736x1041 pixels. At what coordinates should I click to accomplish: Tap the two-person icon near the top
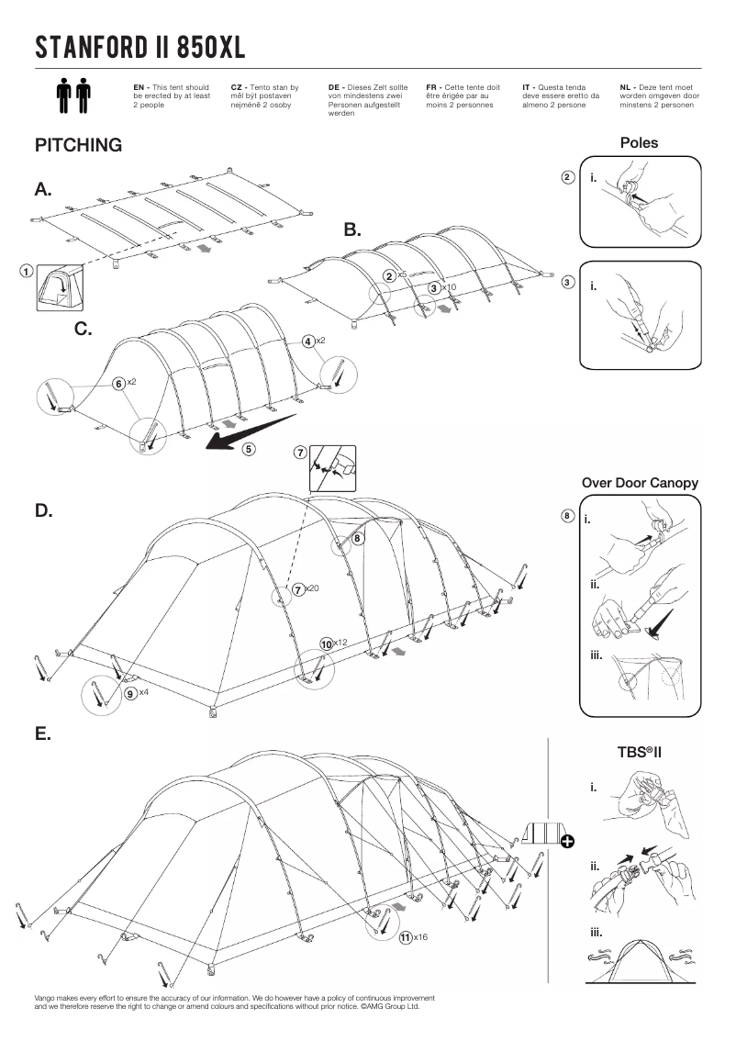coord(73,95)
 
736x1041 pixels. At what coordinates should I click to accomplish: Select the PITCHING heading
coord(78,146)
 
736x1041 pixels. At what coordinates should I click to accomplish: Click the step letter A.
coord(43,190)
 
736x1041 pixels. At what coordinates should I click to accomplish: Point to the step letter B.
coord(353,229)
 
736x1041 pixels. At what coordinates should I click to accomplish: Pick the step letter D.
coord(43,511)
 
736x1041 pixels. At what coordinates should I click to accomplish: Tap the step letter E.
coord(42,735)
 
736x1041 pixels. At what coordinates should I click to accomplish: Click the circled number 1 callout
coord(27,272)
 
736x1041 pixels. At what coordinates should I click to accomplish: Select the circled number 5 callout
coord(249,449)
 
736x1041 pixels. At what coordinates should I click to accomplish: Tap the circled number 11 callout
coord(405,937)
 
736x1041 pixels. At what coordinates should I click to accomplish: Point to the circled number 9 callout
coord(131,693)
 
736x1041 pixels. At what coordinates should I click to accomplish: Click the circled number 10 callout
coord(326,644)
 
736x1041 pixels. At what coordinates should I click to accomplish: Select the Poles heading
coord(639,143)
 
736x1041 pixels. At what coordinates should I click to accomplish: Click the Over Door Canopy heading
coord(640,483)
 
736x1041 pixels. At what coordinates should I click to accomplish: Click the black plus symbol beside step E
coord(567,842)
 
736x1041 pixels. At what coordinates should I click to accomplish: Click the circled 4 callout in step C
coord(309,341)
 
